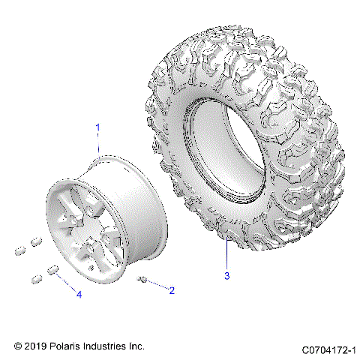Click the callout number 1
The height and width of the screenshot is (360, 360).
97,128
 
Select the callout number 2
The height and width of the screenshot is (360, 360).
172,290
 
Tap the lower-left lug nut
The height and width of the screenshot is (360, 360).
37,278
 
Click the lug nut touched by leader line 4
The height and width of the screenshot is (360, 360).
53,271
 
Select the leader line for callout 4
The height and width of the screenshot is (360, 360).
65,283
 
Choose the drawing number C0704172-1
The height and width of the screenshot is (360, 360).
328,349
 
